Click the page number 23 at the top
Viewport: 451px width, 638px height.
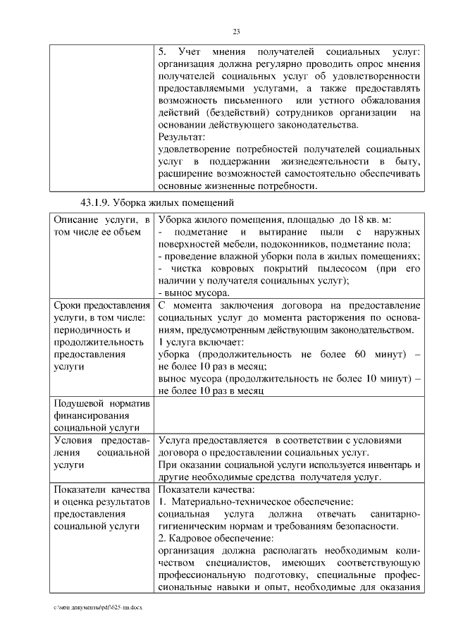coord(236,30)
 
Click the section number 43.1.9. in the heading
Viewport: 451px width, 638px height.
coord(96,204)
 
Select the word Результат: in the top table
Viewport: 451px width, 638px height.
coord(181,136)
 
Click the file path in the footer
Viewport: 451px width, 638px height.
coord(96,607)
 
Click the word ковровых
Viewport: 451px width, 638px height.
coord(227,268)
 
